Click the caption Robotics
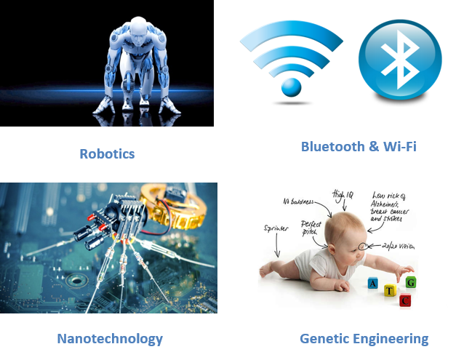(x=107, y=153)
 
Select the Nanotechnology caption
(x=110, y=338)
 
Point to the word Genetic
(x=324, y=338)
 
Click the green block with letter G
(x=412, y=281)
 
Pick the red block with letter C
(x=406, y=299)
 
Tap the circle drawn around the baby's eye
(x=363, y=247)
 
